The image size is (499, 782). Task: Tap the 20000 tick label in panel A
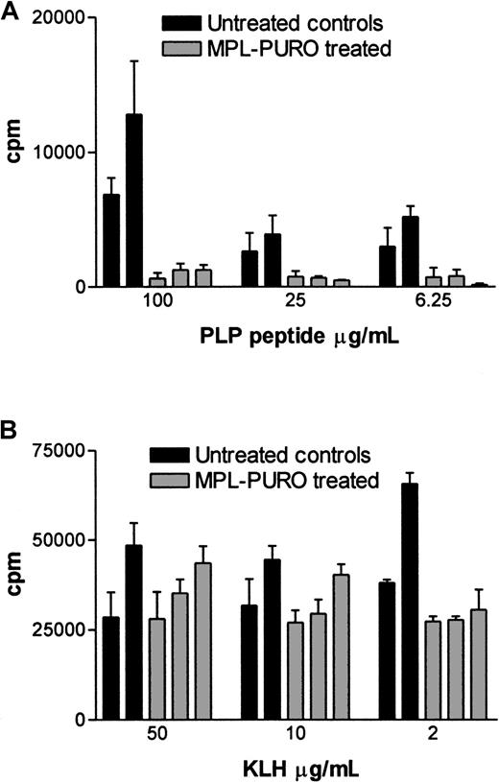pos(57,18)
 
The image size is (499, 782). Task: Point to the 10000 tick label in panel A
pos(57,152)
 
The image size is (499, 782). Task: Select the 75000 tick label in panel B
pos(57,450)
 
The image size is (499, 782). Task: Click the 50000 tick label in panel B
pos(57,540)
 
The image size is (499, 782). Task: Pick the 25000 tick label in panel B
pos(57,629)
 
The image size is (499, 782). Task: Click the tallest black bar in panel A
pos(134,201)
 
